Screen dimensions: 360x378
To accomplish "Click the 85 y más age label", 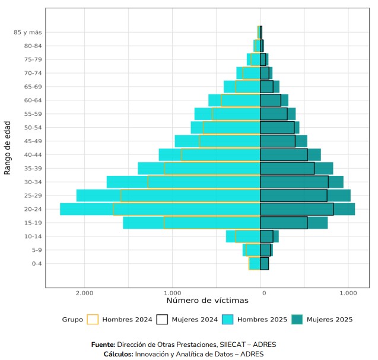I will (27, 32).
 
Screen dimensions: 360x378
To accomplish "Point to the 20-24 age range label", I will (33, 209).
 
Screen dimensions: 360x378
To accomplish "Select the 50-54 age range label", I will (33, 127).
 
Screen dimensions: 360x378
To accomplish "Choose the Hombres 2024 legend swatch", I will (93, 320).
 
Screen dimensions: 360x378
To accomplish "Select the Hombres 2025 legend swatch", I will (228, 320).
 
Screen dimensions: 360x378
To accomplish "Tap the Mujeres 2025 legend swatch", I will (297, 320).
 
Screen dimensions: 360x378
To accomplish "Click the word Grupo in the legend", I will (72, 320).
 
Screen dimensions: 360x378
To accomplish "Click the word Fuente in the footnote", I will (103, 345).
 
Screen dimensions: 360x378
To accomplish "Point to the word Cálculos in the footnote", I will (117, 354).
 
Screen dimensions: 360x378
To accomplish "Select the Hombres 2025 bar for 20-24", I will (86, 209).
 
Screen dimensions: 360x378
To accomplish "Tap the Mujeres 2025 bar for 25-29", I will (339, 195).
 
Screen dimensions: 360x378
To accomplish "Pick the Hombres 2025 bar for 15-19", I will (142, 223).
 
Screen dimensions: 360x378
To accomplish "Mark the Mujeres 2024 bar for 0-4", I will (265, 264).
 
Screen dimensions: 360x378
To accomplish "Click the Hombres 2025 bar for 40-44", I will (170, 154).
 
